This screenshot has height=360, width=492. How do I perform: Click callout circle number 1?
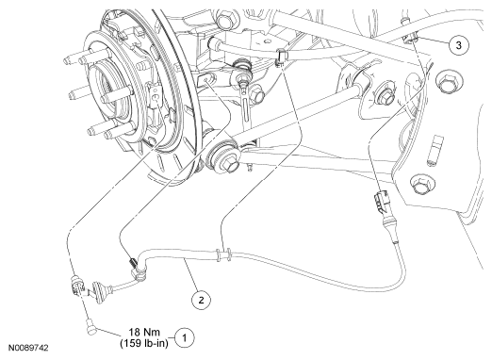(x=185, y=338)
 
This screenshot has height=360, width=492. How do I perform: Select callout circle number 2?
(x=201, y=300)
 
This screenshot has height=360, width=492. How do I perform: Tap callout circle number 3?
(x=459, y=45)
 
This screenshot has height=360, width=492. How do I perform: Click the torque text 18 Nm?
(x=144, y=332)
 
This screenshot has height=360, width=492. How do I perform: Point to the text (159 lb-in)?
(x=144, y=343)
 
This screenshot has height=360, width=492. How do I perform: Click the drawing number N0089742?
(x=28, y=348)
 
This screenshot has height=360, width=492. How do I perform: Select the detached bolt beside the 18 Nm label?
(x=90, y=327)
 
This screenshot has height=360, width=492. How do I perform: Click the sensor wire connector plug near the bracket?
(x=381, y=202)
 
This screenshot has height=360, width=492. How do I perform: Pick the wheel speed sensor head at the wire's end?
(x=77, y=286)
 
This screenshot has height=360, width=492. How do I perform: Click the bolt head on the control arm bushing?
(x=230, y=165)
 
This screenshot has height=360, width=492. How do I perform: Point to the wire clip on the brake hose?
(x=281, y=57)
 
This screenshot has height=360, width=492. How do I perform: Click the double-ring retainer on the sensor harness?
(x=223, y=254)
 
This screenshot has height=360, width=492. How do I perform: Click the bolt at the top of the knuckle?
(x=225, y=18)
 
